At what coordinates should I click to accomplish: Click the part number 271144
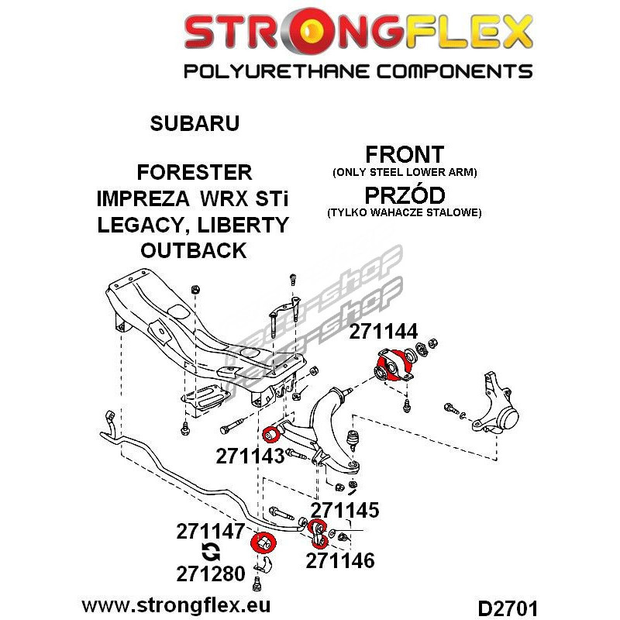point(383,332)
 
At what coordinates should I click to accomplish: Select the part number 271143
point(250,456)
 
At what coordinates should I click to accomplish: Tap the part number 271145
point(345,510)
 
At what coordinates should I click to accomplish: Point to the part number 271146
point(340,560)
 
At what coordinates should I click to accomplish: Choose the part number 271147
point(211,532)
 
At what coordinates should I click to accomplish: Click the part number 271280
point(211,573)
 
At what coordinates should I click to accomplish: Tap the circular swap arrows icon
point(210,552)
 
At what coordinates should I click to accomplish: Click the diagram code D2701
point(508,608)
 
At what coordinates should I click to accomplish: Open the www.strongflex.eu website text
point(176,605)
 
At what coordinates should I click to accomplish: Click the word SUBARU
point(195,123)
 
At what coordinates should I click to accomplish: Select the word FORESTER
point(195,172)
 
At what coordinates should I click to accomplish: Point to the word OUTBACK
point(194,250)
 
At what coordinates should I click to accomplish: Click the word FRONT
point(405,154)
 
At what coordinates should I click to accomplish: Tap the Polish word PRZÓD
point(405,195)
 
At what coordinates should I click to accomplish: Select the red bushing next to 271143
point(271,435)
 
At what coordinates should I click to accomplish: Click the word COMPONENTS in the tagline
point(454,71)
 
